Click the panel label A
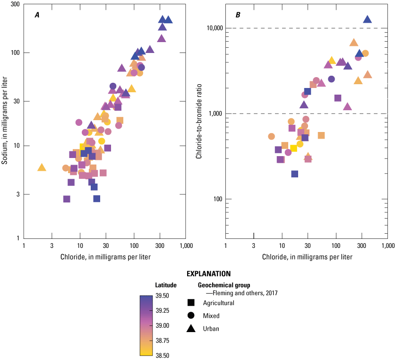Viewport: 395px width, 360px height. tap(37, 15)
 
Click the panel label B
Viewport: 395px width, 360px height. tap(238, 15)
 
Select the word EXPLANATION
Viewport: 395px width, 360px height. tap(208, 273)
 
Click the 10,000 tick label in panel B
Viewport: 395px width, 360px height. tap(213, 28)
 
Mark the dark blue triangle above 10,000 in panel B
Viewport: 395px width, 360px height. tap(367, 20)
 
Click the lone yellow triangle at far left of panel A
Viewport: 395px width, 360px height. tap(42, 167)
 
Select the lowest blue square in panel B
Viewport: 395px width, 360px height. tap(295, 174)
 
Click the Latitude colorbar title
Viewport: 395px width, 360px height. tap(165, 285)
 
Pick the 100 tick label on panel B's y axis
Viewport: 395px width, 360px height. tap(216, 199)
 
